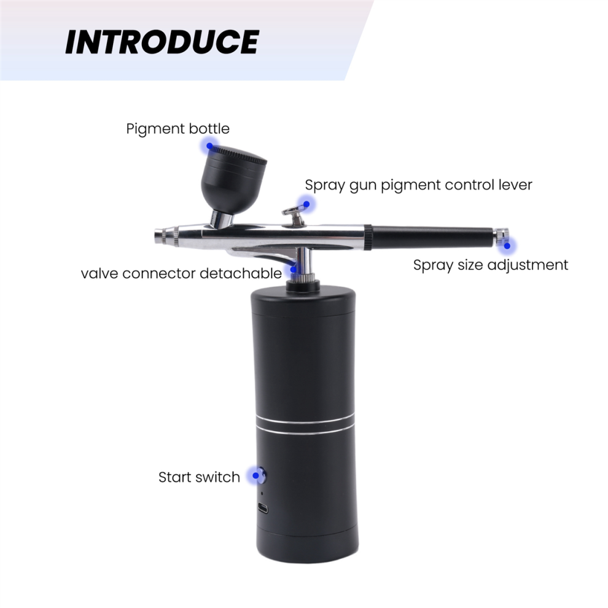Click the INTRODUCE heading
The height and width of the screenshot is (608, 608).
162,42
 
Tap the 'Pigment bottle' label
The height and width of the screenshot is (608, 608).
177,129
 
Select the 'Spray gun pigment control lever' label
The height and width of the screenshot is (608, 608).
418,185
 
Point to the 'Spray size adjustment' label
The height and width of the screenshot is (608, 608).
491,265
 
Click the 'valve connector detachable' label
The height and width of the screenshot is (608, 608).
181,273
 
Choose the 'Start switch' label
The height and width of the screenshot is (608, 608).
200,477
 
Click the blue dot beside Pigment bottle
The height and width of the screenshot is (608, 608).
209,146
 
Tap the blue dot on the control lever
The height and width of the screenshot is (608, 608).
306,204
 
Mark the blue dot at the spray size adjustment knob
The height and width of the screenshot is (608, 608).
507,246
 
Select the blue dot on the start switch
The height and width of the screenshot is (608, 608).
255,475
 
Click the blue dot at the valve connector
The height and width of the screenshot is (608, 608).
294,269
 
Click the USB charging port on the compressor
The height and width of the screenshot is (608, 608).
263,508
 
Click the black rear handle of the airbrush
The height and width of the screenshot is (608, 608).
432,236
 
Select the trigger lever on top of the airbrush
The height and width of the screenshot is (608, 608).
294,215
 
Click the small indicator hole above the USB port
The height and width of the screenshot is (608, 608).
262,494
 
